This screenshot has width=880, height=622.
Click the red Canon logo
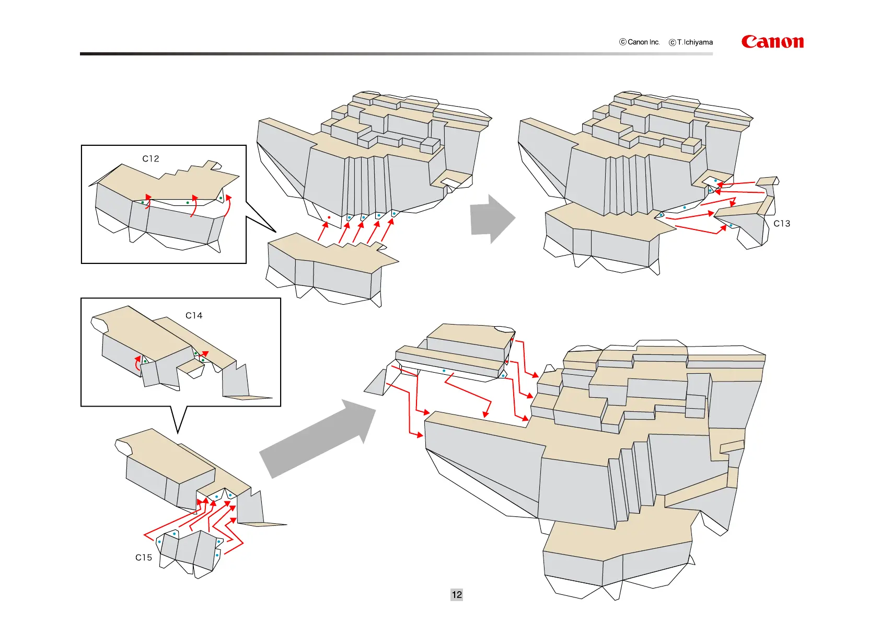pos(772,42)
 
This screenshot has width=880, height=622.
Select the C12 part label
pos(150,158)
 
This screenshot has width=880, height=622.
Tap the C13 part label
pos(782,223)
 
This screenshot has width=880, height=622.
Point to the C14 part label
pos(194,315)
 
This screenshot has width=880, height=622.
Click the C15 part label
pos(144,557)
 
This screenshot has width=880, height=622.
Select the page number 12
pos(457,594)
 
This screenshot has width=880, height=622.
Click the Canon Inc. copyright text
pos(640,42)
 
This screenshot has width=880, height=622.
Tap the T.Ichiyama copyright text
pos(691,42)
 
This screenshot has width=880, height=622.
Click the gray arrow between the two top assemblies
pos(492,219)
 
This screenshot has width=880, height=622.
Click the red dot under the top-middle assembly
pos(329,217)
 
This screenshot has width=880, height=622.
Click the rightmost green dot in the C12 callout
pos(221,198)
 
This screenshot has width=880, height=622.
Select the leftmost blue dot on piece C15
pos(159,542)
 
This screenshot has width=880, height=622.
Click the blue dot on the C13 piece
pos(731,225)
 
